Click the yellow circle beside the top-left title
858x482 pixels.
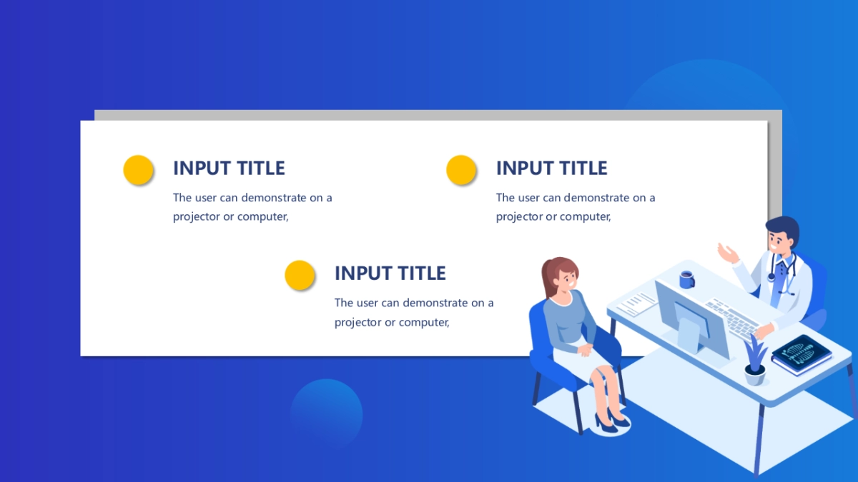138,169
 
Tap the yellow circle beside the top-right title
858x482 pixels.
461,169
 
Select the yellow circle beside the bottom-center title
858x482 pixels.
300,275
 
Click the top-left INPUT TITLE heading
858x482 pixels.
229,168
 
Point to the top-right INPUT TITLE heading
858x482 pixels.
551,168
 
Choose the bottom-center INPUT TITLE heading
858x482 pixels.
390,273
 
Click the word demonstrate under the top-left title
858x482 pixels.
274,198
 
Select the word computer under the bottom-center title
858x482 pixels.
423,323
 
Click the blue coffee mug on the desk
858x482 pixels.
686,280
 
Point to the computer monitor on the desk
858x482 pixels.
691,318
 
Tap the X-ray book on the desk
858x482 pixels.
802,355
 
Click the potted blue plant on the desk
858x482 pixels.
755,361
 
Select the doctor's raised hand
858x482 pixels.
728,253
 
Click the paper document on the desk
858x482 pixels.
636,303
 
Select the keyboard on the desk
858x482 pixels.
732,318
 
